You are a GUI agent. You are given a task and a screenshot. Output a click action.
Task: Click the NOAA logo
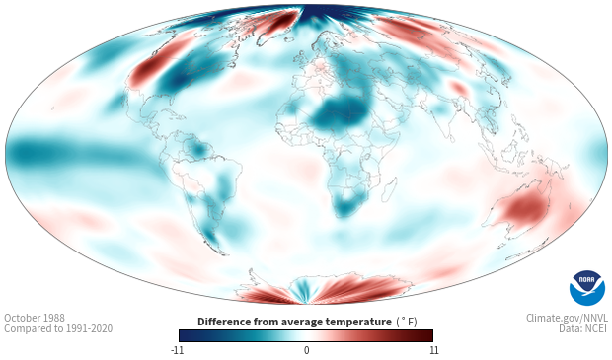point(587,288)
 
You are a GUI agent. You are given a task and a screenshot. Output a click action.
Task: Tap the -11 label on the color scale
point(177,350)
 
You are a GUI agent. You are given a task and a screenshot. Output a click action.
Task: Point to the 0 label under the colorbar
point(306,350)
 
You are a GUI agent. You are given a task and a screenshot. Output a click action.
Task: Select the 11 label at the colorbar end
point(433,350)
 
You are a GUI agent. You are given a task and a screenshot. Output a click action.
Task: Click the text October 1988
point(35,318)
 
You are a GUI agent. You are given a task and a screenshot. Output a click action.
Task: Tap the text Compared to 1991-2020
point(58,328)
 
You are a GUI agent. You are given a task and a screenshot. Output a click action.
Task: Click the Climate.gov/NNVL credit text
point(567,318)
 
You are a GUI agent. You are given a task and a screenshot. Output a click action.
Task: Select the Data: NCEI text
point(583,328)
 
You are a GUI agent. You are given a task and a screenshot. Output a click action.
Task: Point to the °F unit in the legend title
point(407,322)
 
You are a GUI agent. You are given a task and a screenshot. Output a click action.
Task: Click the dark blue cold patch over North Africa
point(339,113)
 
